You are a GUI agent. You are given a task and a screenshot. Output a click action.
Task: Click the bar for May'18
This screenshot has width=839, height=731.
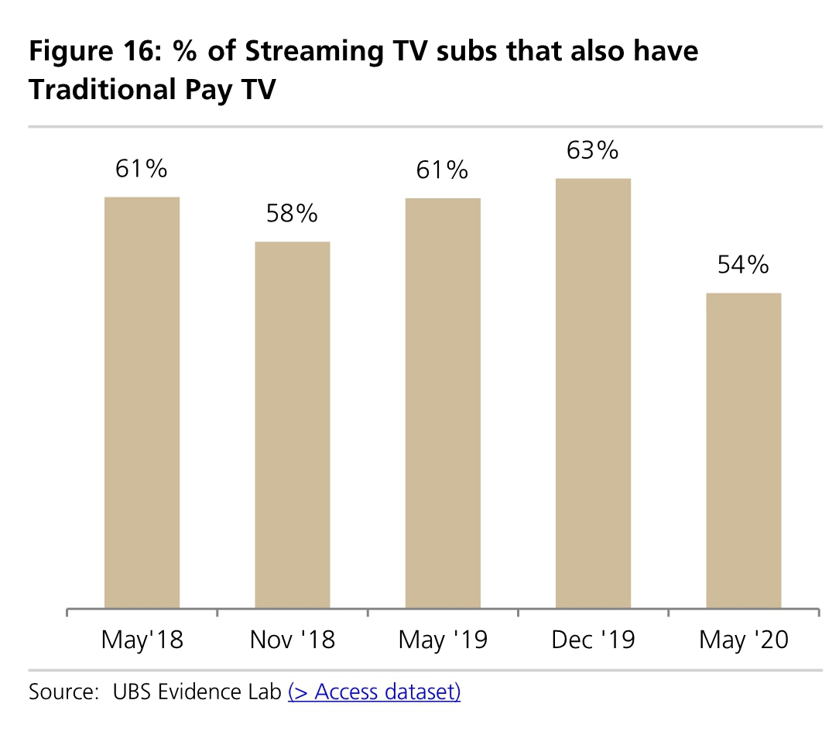coord(142,403)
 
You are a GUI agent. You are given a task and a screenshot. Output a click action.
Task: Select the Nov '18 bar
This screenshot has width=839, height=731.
coord(293,425)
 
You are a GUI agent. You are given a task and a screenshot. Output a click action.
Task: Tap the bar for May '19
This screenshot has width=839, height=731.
coord(443,403)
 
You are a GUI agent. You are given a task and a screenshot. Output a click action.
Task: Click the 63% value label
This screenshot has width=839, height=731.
coord(593,149)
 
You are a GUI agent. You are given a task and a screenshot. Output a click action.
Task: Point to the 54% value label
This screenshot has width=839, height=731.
coord(743,265)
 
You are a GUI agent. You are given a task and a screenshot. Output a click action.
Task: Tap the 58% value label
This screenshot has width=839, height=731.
coord(293,213)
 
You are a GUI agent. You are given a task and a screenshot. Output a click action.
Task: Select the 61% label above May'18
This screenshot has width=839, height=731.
coord(142,169)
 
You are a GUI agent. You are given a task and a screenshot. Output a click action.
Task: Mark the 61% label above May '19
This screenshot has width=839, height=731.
coord(443,170)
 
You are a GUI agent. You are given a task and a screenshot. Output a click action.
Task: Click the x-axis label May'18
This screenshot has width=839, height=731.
coord(142,640)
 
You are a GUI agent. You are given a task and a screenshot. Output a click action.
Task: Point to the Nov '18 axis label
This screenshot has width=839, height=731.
coord(293,640)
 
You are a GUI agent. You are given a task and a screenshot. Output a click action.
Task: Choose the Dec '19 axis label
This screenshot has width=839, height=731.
coord(593,640)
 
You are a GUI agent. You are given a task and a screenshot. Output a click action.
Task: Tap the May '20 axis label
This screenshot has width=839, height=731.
coord(743,640)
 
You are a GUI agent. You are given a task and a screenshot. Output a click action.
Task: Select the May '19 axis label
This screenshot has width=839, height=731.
coord(443,640)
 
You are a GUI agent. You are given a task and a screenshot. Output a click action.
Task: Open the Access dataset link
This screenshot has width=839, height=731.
coord(374,691)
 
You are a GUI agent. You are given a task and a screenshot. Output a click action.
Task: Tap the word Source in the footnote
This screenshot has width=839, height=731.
coord(59,691)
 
